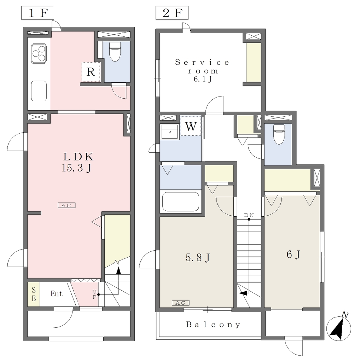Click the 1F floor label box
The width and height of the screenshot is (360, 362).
click(37, 13)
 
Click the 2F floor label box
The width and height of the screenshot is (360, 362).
click(172, 13)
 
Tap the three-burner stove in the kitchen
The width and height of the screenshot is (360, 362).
click(39, 54)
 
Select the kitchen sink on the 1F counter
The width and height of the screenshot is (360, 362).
click(39, 91)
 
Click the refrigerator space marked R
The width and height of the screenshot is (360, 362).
click(91, 72)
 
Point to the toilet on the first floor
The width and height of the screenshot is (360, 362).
click(115, 51)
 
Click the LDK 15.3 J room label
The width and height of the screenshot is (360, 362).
click(77, 162)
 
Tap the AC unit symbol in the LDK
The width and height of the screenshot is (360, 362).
click(66, 205)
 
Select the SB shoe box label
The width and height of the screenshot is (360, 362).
click(34, 294)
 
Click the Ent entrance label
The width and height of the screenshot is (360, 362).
click(57, 294)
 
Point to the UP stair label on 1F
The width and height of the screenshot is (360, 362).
click(94, 294)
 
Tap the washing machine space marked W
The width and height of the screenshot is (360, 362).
click(191, 126)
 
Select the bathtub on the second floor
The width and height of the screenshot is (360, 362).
click(181, 202)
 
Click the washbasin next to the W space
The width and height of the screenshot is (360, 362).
click(169, 132)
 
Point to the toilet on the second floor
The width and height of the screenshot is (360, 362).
click(279, 134)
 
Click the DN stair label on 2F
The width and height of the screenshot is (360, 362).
click(249, 215)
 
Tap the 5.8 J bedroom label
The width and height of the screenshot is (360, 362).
click(198, 257)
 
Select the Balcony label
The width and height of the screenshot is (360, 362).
click(213, 325)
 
